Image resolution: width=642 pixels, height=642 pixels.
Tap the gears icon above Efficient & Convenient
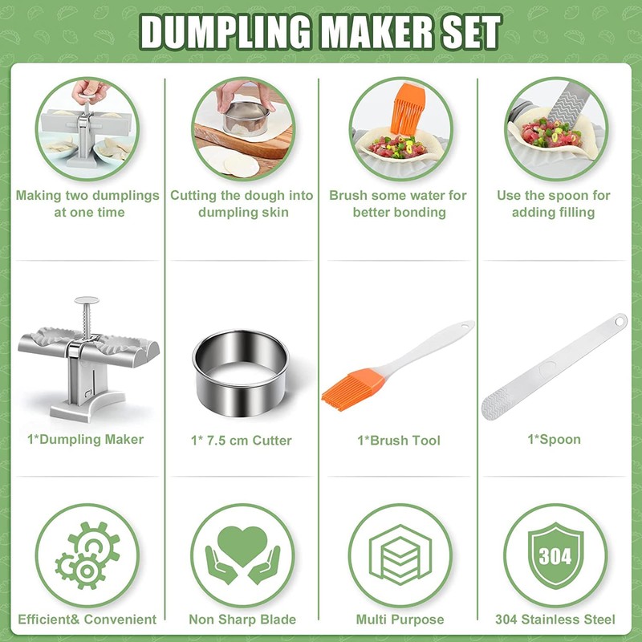pyautogui.click(x=87, y=555)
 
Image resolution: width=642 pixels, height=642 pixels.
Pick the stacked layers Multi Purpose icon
pyautogui.click(x=400, y=555)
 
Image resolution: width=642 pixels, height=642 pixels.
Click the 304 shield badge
pyautogui.click(x=555, y=555)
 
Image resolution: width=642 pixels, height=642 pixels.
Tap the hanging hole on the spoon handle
pyautogui.click(x=619, y=321)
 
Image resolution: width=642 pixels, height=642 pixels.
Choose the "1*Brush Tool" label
pyautogui.click(x=399, y=440)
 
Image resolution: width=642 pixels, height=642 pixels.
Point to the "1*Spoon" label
pyautogui.click(x=554, y=439)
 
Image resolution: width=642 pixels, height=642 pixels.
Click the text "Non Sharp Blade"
pyautogui.click(x=242, y=619)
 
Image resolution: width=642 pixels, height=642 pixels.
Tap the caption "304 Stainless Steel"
pyautogui.click(x=555, y=619)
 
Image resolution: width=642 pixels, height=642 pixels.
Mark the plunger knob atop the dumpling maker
pyautogui.click(x=86, y=302)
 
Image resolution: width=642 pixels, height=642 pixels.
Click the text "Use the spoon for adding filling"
pyautogui.click(x=554, y=204)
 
